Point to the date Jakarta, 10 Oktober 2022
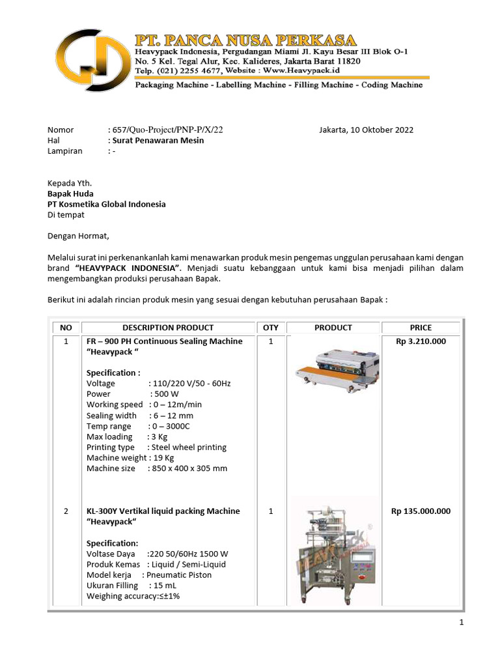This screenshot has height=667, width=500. (366, 130)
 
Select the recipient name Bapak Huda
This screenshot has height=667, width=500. (70, 193)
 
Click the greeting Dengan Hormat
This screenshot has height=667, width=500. (79, 236)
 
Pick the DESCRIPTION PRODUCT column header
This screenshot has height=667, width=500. (168, 328)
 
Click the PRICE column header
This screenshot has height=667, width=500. (421, 328)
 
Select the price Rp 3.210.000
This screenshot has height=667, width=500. (421, 341)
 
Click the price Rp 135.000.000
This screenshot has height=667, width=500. (421, 511)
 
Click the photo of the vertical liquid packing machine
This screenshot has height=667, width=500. (333, 550)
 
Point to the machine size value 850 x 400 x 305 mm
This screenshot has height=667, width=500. (187, 468)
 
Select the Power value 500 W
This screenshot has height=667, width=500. (165, 394)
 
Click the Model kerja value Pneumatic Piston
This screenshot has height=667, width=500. (179, 575)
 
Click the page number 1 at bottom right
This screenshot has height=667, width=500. (462, 623)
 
